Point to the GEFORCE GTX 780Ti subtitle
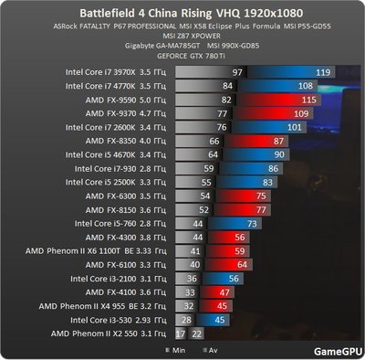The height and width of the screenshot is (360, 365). (182, 55)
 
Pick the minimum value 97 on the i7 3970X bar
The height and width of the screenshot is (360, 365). (238, 70)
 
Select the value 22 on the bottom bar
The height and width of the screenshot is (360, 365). (196, 334)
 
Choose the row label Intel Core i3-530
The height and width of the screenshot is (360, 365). (113, 320)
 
